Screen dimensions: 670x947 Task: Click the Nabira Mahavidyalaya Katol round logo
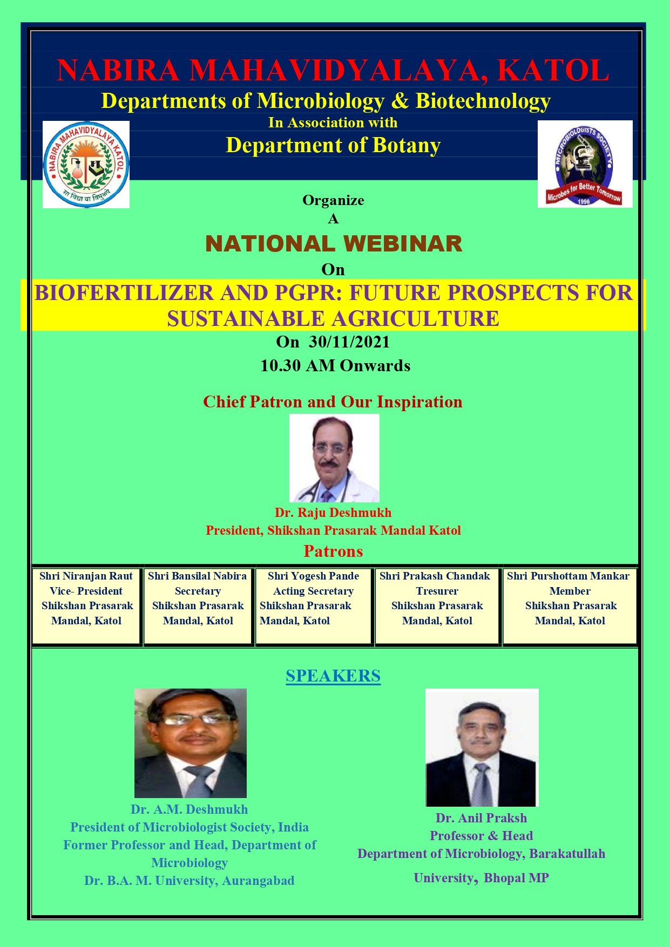click(86, 165)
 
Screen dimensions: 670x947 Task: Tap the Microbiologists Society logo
click(585, 163)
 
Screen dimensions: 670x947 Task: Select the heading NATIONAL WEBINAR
click(334, 244)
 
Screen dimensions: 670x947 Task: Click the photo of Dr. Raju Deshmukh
click(334, 458)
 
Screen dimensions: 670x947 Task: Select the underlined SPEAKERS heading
click(333, 676)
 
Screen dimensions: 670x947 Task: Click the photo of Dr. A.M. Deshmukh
click(191, 743)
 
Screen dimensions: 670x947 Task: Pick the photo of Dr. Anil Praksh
click(482, 747)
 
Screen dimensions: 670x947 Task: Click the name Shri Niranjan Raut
click(86, 576)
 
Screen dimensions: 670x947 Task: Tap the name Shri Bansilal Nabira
click(198, 576)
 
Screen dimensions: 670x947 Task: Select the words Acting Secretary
click(314, 591)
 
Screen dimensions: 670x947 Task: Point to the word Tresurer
click(437, 591)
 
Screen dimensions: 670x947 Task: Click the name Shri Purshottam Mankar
click(568, 576)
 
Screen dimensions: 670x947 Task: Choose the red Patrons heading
click(333, 551)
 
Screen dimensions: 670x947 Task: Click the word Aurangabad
click(258, 881)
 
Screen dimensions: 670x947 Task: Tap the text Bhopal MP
click(516, 878)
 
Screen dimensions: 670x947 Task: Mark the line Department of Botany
click(333, 145)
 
